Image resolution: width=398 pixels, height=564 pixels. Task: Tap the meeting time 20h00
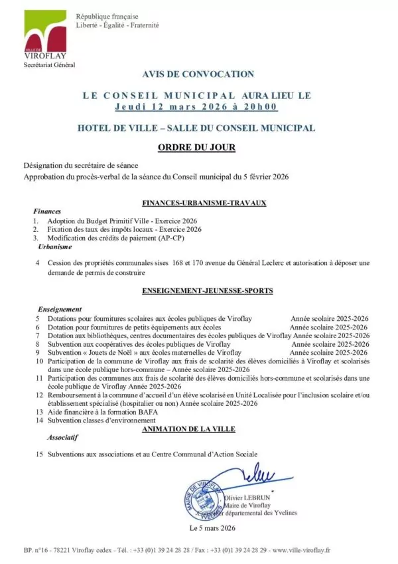(x=262, y=106)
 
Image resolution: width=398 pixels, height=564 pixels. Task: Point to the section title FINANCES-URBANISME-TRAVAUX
(x=204, y=203)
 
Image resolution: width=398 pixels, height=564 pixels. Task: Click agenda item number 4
(x=38, y=263)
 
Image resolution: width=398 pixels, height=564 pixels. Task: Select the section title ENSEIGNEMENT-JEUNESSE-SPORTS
(x=208, y=291)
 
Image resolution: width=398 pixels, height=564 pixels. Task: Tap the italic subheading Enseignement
(x=60, y=309)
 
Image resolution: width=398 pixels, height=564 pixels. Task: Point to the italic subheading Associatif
(x=62, y=438)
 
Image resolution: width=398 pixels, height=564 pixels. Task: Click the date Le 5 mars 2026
(x=212, y=528)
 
